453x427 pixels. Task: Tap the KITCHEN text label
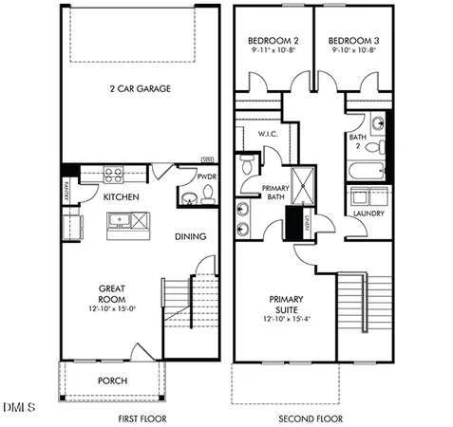coord(122,196)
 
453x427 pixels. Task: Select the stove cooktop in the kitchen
coord(113,175)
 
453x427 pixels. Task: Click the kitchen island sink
coord(120,221)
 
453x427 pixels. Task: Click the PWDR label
coord(206,176)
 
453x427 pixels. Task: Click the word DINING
coord(191,237)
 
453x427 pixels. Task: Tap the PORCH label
coord(113,381)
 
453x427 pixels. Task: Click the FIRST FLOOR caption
coord(143,418)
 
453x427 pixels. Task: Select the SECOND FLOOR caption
coord(311,418)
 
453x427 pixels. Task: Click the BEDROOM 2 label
coord(274,42)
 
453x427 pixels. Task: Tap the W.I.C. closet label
coord(267,135)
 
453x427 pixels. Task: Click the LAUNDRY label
coord(367,214)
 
